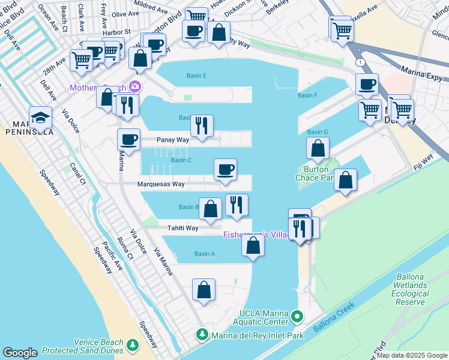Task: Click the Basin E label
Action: point(196,76)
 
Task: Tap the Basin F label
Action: point(307,95)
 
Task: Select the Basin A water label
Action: point(204,254)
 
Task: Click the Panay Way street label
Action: point(173,140)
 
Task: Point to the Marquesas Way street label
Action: point(161,184)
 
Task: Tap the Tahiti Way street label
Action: point(183,228)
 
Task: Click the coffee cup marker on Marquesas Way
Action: point(225,169)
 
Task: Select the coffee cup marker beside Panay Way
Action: point(128,139)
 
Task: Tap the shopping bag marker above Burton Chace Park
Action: point(318,148)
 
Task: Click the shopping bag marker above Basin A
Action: point(253,245)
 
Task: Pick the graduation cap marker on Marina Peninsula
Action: point(40,117)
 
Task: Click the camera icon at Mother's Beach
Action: point(135,88)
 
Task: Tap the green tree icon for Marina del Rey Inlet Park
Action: point(203,334)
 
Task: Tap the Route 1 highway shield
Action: point(360,62)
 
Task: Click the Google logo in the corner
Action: point(20,353)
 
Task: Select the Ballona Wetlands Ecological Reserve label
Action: point(411,289)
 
